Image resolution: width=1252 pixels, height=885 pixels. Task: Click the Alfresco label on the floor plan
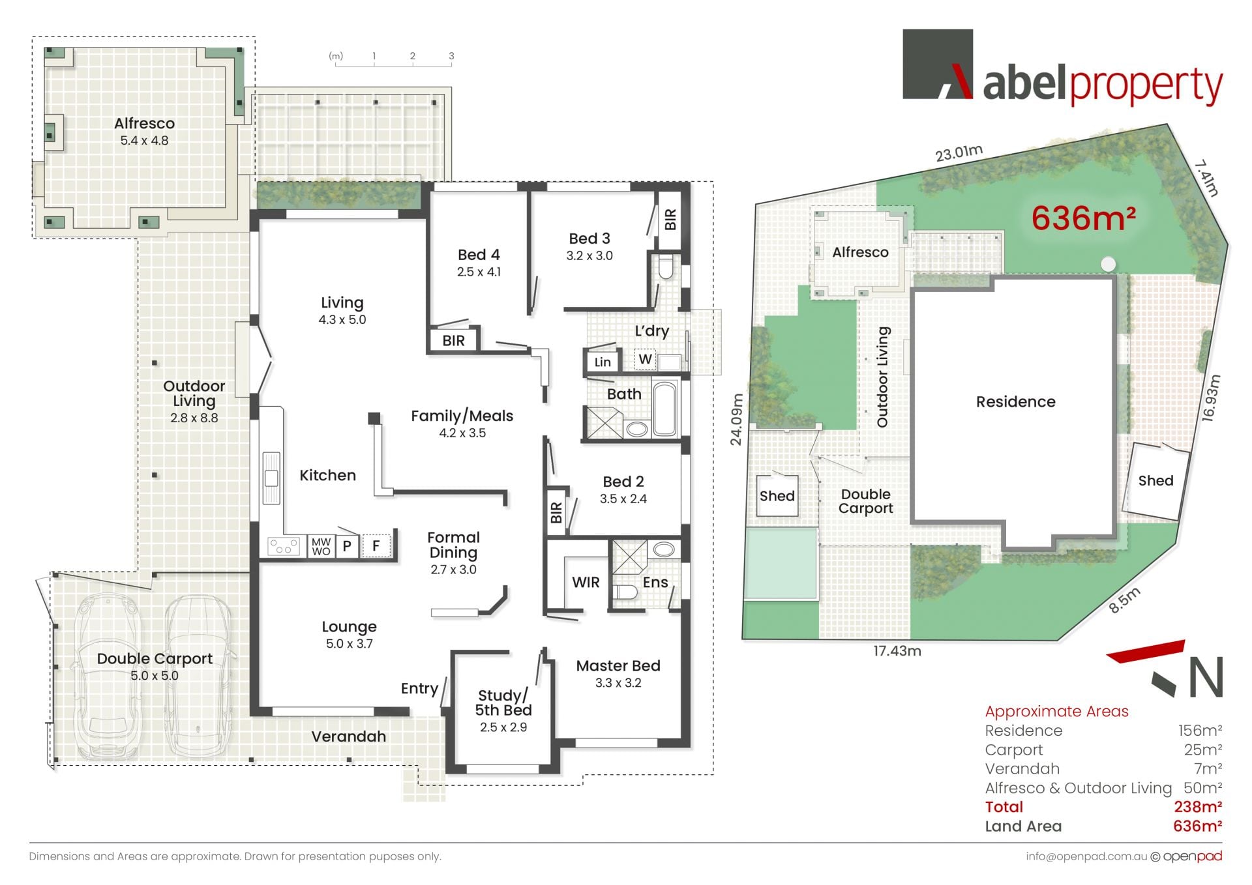(x=144, y=123)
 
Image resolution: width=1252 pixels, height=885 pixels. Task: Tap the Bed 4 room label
(x=479, y=255)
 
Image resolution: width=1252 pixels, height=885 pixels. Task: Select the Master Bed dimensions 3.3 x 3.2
(x=618, y=683)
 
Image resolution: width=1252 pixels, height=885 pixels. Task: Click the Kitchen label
(x=327, y=475)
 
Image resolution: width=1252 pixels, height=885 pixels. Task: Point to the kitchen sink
(x=271, y=478)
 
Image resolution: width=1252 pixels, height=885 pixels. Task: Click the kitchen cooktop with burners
(x=284, y=546)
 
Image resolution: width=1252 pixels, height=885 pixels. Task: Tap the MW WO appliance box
(x=321, y=546)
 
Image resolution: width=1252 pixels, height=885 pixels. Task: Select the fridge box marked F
(x=376, y=545)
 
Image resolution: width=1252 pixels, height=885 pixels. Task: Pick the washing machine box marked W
(x=645, y=359)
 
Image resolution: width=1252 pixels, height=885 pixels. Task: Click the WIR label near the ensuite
(x=586, y=583)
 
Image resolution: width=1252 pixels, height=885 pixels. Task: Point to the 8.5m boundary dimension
(x=1125, y=600)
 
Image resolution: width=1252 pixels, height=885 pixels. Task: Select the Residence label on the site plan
(x=1015, y=401)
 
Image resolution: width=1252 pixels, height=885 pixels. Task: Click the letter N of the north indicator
(x=1206, y=678)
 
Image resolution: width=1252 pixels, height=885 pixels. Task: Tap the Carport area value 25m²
(x=1203, y=750)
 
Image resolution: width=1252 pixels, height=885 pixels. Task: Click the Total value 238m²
(x=1198, y=807)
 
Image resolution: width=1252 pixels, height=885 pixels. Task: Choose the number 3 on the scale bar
(x=451, y=56)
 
